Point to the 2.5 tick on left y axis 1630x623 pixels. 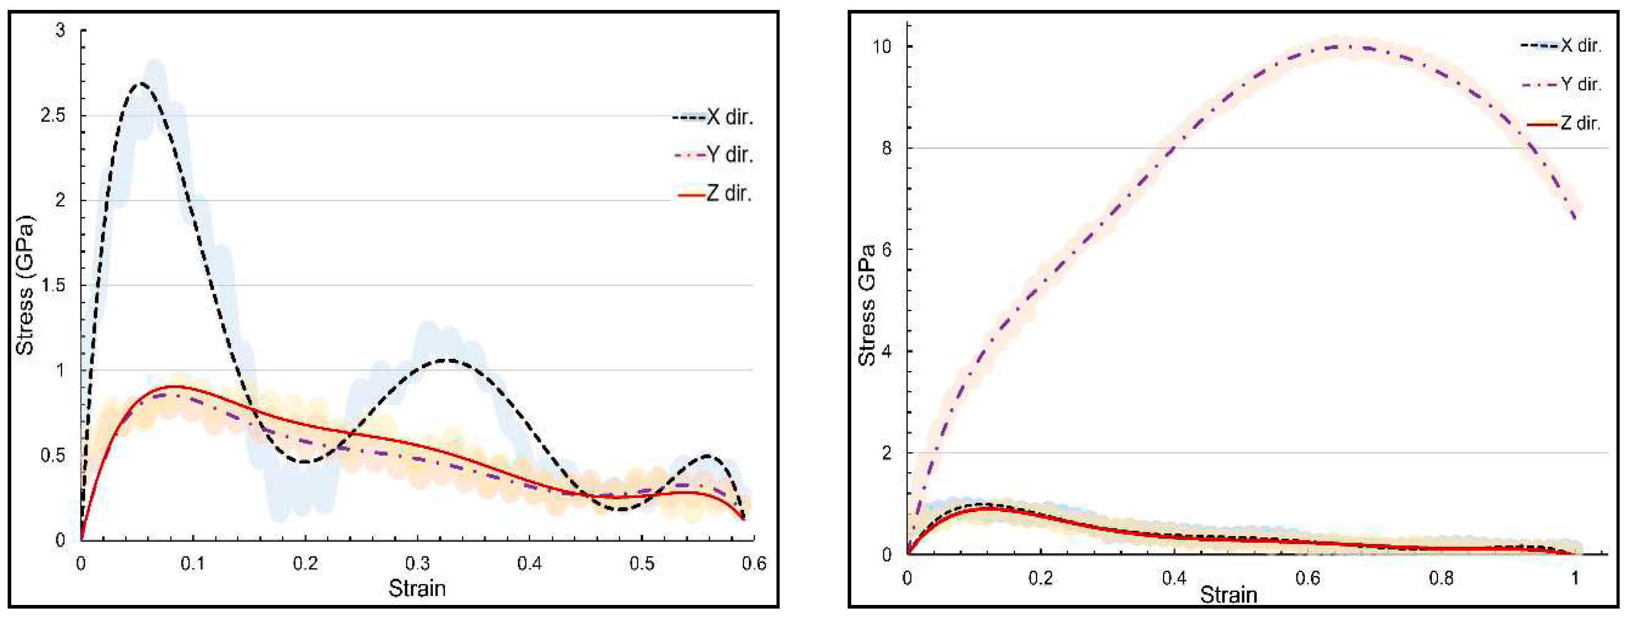point(53,115)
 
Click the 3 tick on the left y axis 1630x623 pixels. point(61,30)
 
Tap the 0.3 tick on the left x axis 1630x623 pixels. point(417,563)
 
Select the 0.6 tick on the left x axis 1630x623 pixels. point(753,563)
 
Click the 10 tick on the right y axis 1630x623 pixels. point(883,46)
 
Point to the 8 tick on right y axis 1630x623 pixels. point(888,148)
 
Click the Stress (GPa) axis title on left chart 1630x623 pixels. point(25,285)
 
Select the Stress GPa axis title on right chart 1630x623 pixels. point(867,305)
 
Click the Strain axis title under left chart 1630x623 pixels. point(417,588)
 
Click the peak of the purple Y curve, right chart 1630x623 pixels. point(1341,46)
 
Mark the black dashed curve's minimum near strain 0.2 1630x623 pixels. point(304,462)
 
